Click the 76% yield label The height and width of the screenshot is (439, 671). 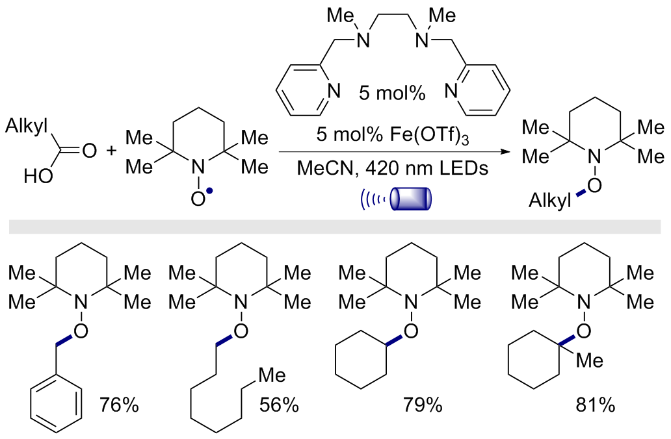(119, 405)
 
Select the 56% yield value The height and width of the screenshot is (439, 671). (278, 405)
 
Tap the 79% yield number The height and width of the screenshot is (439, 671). (423, 405)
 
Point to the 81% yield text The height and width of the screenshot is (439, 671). (596, 405)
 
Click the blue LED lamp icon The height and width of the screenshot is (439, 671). (411, 199)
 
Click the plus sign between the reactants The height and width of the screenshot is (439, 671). (111, 151)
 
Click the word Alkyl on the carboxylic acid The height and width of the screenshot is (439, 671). (27, 127)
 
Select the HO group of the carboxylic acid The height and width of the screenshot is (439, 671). (38, 175)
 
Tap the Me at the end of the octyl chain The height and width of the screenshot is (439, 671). (272, 375)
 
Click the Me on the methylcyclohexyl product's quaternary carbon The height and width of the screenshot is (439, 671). (590, 360)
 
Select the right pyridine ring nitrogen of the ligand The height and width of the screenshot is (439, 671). (451, 91)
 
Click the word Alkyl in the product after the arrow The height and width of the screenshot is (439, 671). (550, 201)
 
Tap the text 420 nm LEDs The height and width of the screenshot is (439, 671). (427, 168)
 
